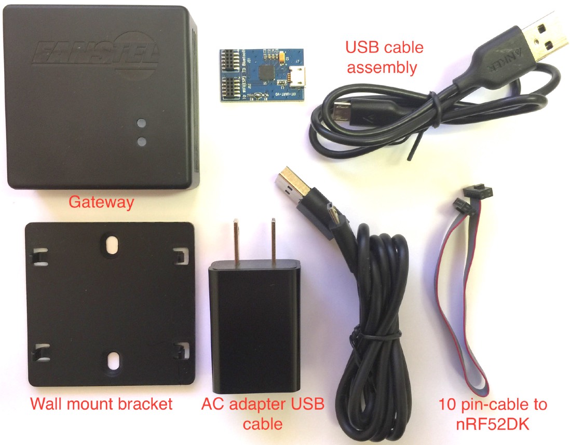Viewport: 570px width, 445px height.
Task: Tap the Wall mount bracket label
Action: tap(101, 404)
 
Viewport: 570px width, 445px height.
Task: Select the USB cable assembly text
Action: tap(385, 57)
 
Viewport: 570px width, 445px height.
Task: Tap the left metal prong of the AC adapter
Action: tap(236, 241)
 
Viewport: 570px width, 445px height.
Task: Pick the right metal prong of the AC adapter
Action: tap(272, 241)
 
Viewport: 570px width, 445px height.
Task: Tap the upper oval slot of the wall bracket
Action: tap(110, 246)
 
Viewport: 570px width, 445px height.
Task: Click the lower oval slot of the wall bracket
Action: tap(113, 360)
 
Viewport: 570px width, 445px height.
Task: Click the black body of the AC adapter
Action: tap(254, 327)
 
